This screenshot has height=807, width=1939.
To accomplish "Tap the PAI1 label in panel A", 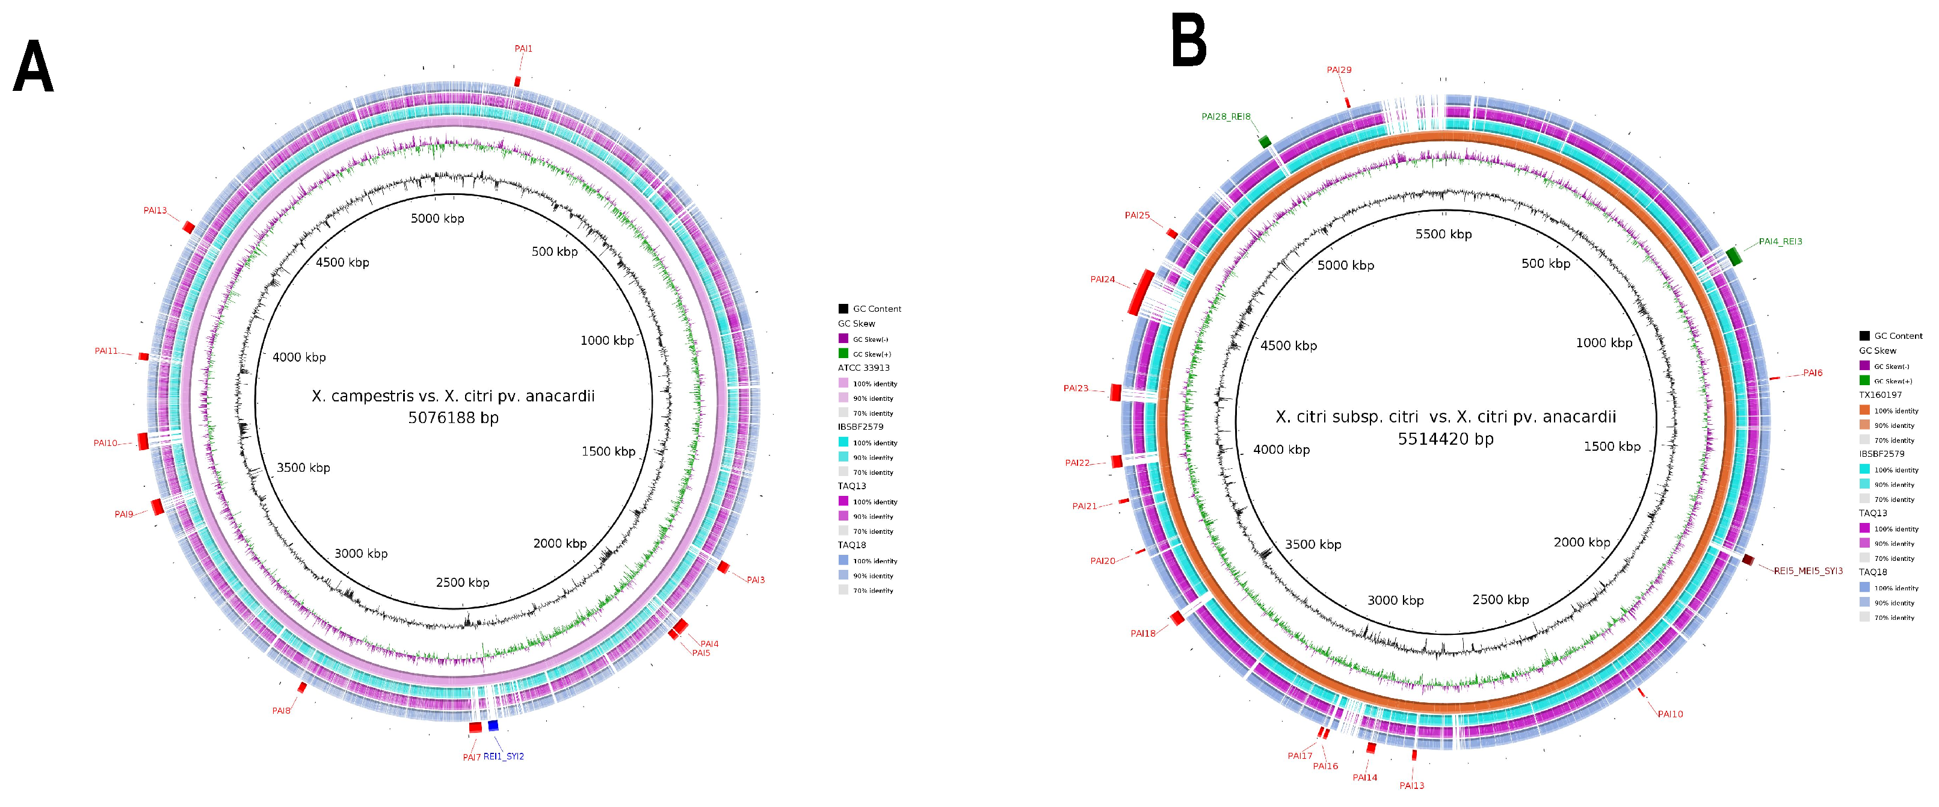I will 523,49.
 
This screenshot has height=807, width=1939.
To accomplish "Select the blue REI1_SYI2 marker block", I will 493,726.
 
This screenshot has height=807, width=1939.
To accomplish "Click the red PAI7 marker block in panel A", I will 475,727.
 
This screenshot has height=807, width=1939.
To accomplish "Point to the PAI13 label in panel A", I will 155,211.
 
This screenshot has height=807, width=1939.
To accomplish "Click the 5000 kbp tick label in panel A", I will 437,219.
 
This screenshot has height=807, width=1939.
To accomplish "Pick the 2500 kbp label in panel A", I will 462,583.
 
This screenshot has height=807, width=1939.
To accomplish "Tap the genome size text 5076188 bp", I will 453,418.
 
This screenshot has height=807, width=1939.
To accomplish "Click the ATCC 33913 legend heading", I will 863,368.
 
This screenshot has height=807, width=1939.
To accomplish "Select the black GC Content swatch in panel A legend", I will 843,309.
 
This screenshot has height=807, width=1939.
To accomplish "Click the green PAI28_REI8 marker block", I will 1265,141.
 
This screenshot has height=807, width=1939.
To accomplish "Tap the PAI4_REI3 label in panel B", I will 1780,242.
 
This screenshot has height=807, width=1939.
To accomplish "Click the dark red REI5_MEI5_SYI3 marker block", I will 1748,559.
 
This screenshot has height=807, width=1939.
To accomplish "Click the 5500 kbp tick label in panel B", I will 1443,235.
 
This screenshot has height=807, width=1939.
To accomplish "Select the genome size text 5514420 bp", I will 1445,439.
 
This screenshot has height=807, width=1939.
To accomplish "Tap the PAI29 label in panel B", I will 1339,70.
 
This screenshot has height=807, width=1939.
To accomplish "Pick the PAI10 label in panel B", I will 1670,714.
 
